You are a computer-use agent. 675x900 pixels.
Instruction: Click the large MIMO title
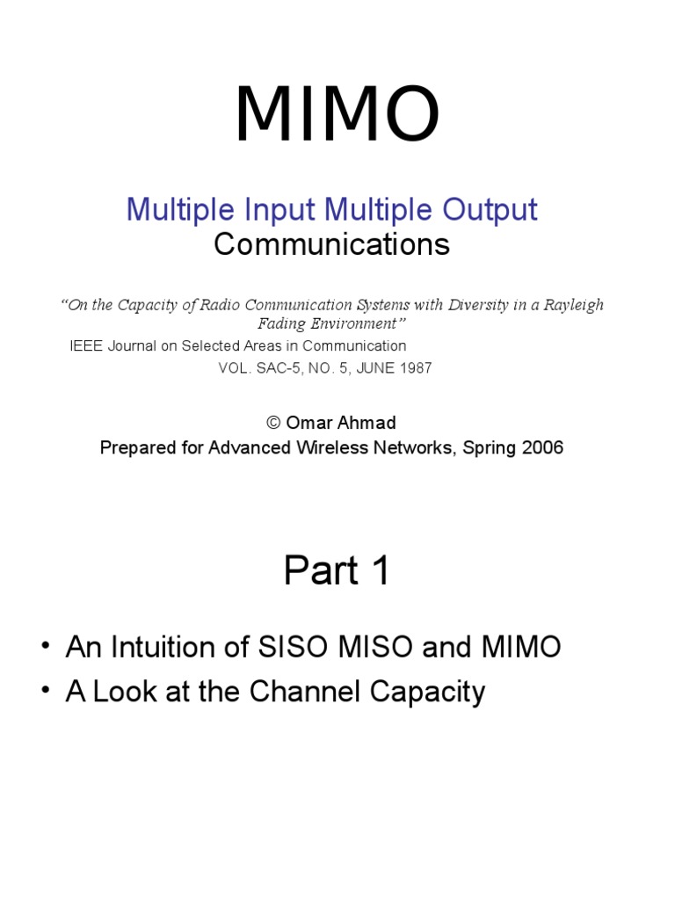point(337,115)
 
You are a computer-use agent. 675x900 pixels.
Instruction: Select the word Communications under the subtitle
point(331,244)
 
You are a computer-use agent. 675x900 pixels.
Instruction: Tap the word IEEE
point(86,345)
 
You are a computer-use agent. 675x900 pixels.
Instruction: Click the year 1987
point(414,368)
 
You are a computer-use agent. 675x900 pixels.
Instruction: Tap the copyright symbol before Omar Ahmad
point(272,423)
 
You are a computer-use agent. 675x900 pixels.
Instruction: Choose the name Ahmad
point(370,423)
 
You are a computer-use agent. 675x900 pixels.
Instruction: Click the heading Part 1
point(337,571)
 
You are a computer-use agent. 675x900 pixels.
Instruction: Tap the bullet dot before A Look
point(46,692)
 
